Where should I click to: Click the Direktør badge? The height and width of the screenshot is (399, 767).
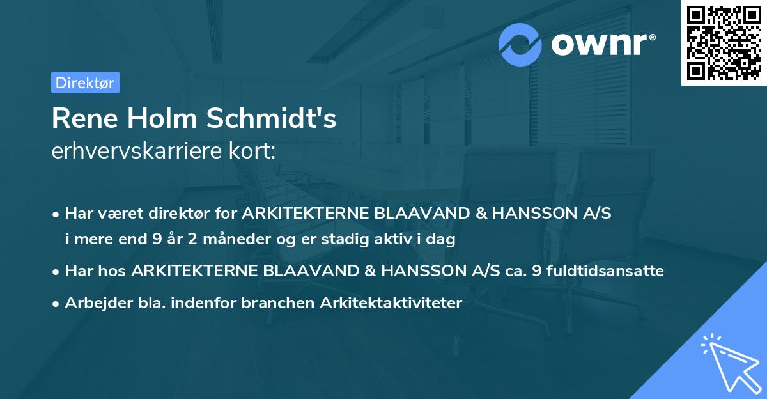click(x=85, y=82)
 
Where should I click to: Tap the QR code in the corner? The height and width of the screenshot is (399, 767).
click(x=724, y=43)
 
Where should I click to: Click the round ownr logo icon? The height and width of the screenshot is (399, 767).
click(x=520, y=45)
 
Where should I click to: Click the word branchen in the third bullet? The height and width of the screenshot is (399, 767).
click(x=274, y=303)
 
